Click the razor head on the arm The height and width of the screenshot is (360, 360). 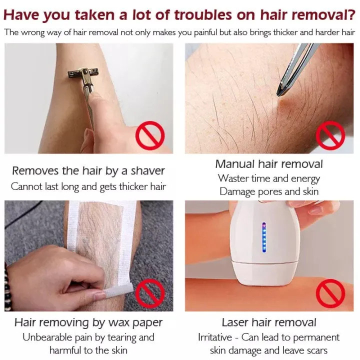click(x=84, y=74)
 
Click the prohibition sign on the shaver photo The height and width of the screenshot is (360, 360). click(x=150, y=135)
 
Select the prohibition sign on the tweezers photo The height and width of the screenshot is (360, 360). click(x=330, y=135)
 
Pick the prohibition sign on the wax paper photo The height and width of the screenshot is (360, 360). click(x=150, y=293)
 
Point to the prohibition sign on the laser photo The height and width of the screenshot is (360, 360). click(x=330, y=293)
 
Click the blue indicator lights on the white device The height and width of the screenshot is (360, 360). click(x=264, y=237)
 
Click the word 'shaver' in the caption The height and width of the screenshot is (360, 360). click(x=147, y=171)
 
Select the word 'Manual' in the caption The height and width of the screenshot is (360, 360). click(x=235, y=164)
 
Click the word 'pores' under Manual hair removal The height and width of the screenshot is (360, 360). click(x=270, y=192)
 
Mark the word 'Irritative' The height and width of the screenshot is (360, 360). click(x=215, y=337)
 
